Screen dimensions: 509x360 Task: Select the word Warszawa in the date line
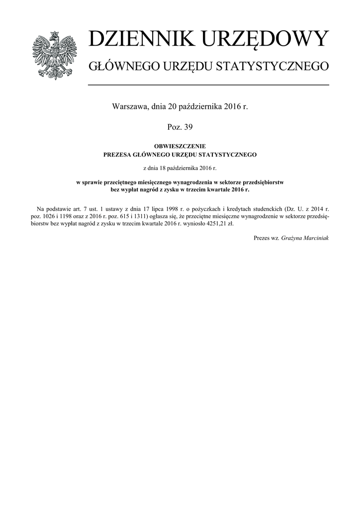(x=130, y=106)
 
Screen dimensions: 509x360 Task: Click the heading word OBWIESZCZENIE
(x=180, y=147)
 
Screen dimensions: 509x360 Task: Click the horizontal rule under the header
(x=208, y=85)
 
